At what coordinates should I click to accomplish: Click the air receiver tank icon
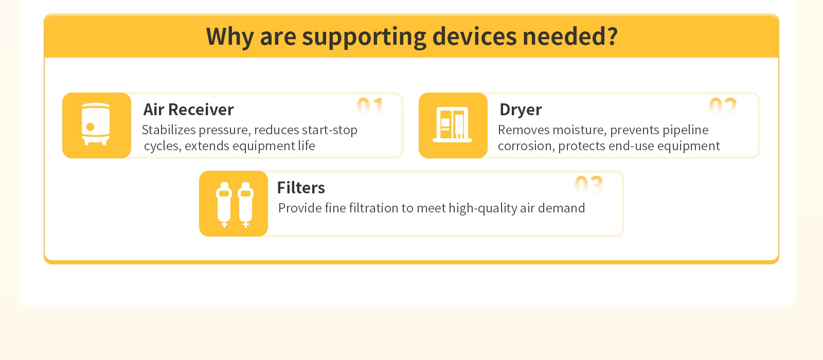click(96, 124)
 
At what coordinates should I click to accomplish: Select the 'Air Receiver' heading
click(188, 110)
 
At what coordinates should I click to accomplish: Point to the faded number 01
click(370, 106)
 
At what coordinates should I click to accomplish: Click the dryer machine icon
click(452, 124)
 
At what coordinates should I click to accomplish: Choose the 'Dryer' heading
click(521, 110)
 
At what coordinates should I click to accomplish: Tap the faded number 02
click(723, 106)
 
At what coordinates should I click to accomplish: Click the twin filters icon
click(235, 205)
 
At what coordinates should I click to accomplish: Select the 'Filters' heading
click(301, 188)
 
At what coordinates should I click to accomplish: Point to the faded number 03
click(589, 185)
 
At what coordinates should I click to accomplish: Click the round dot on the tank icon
click(90, 127)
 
